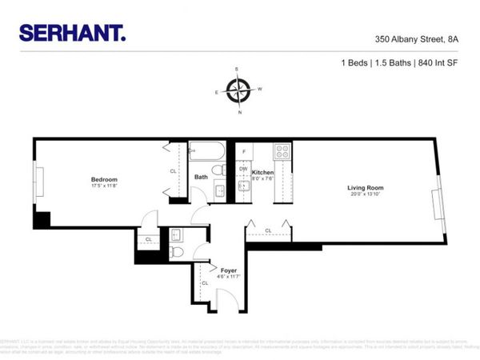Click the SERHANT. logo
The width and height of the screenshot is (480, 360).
coord(72,32)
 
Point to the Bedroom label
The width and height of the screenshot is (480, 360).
coord(104,179)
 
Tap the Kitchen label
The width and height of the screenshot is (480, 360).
coord(263,173)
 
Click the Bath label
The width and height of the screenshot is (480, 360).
coord(202,178)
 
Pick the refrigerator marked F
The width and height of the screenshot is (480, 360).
coord(243,151)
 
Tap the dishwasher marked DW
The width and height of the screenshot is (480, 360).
coord(243,169)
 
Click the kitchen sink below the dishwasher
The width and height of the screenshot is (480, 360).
coord(243,186)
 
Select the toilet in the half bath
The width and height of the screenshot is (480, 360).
coord(178,253)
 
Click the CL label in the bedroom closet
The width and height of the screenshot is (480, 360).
coord(173,170)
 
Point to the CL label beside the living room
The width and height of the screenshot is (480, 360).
coord(268,231)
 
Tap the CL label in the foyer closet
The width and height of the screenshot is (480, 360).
coord(204,283)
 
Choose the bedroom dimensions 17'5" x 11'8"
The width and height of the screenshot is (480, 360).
coord(104,186)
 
